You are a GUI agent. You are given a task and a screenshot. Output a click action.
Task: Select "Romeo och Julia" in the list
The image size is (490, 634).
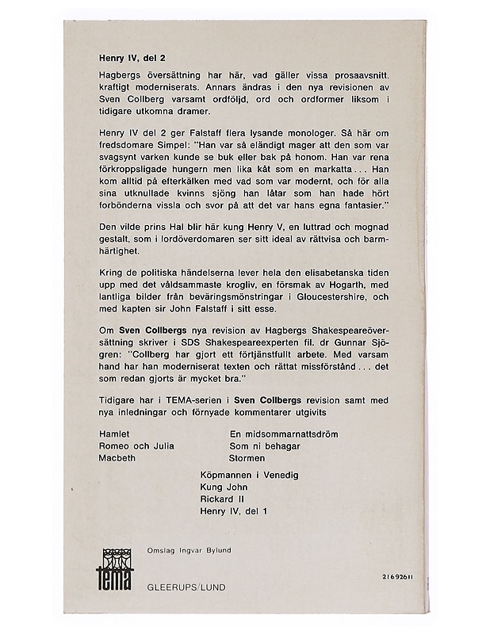coord(132,446)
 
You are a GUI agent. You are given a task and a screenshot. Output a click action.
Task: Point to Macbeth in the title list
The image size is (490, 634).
coord(113,458)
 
